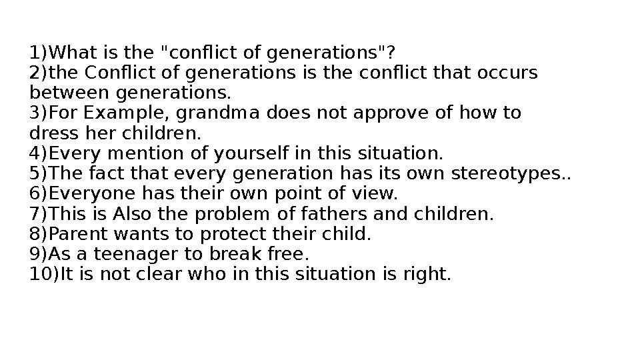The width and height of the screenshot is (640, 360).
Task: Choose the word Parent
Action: click(74, 235)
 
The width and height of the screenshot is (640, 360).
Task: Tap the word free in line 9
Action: click(283, 255)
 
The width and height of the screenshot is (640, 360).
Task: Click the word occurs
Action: click(509, 72)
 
